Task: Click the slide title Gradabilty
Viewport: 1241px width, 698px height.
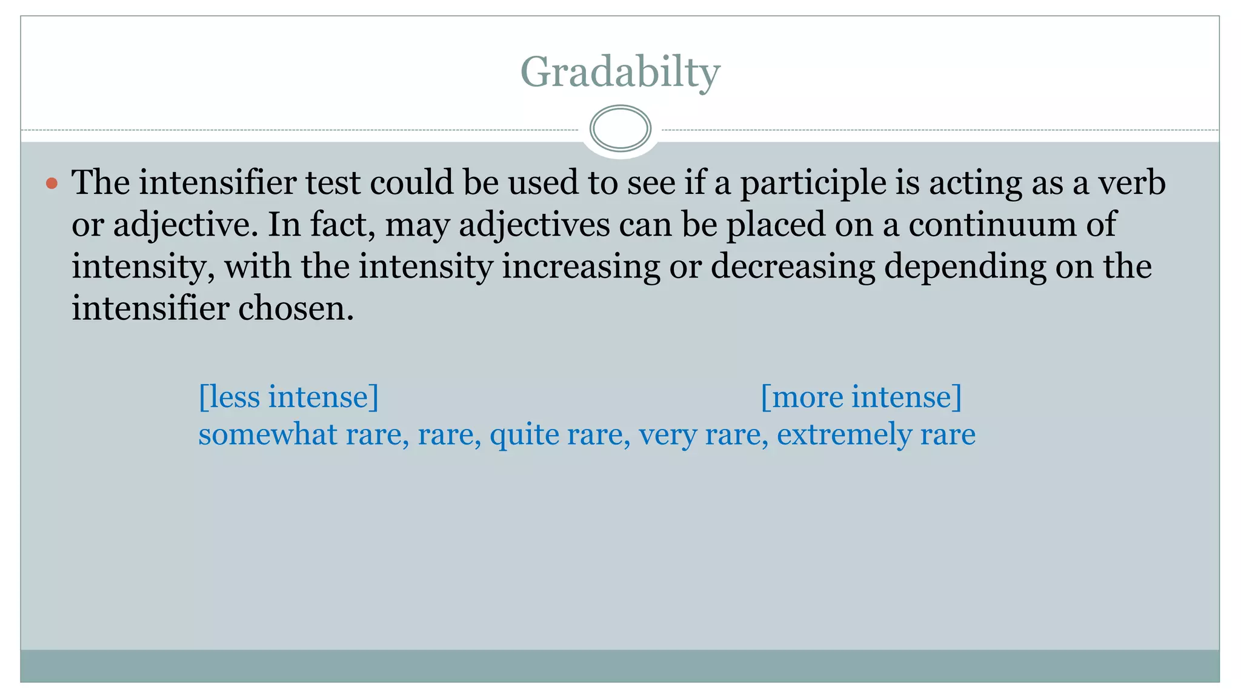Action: coord(620,72)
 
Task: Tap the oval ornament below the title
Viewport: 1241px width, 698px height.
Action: coord(620,128)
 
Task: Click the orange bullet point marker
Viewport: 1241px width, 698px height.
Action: coord(52,183)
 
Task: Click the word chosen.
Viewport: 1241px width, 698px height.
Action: coord(296,308)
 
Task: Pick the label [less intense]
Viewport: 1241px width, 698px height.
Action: coord(289,397)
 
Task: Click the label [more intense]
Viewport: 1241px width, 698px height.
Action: coord(860,397)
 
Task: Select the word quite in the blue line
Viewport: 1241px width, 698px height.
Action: coord(524,435)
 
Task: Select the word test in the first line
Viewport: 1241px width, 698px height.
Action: coord(333,183)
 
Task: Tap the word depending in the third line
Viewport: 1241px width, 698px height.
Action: coord(965,267)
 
